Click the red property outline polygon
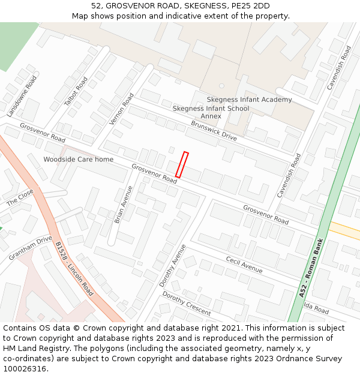[x=182, y=165]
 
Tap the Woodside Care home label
[x=78, y=160]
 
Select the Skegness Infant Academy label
[x=249, y=100]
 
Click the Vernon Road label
[x=122, y=109]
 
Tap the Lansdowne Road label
[x=22, y=96]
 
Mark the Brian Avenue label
[x=124, y=205]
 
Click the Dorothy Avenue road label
[x=173, y=265]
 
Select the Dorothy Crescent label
[x=187, y=304]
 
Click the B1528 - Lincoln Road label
[x=74, y=269]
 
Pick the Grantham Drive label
[x=31, y=248]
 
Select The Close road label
[x=20, y=197]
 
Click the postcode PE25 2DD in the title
[x=249, y=6]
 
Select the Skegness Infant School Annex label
[x=211, y=112]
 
